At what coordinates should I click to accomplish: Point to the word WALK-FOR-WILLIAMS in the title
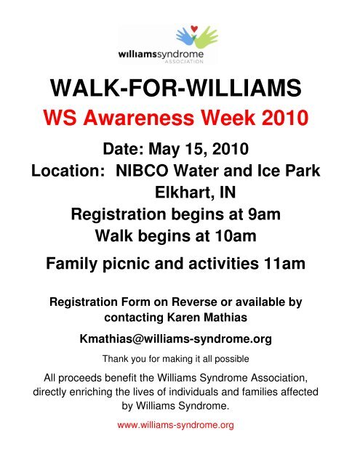(180, 89)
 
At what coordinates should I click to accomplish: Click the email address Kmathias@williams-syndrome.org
(180, 339)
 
